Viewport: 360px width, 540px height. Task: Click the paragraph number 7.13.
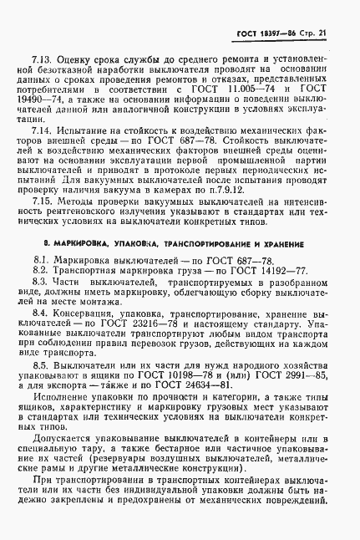[42, 61]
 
